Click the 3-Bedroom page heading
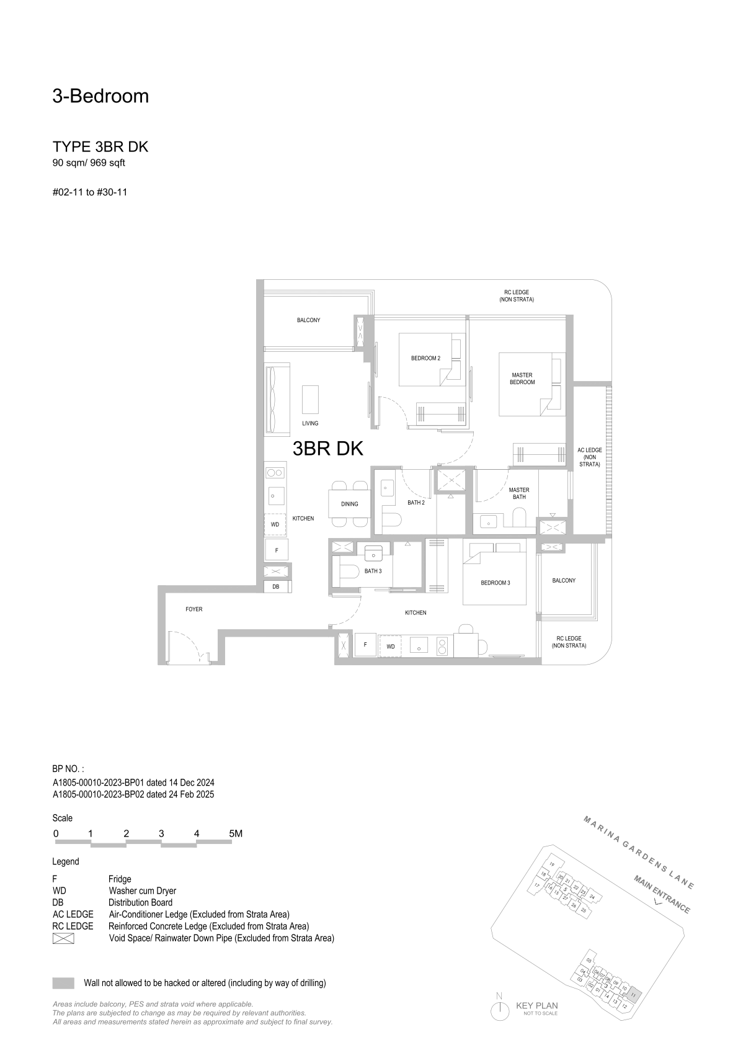click(x=100, y=96)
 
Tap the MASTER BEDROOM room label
click(x=522, y=379)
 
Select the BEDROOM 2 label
click(x=425, y=358)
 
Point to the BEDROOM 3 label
click(x=495, y=583)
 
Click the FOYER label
click(x=194, y=609)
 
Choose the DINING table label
click(x=349, y=504)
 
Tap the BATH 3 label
click(x=373, y=571)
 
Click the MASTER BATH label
click(x=519, y=493)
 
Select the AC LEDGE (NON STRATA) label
click(x=590, y=457)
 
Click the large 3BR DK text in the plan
click(x=327, y=448)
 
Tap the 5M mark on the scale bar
click(x=236, y=833)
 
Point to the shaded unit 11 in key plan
click(x=633, y=992)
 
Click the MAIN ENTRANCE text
click(x=662, y=894)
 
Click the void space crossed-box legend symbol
click(x=63, y=938)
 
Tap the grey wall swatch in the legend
click(x=63, y=983)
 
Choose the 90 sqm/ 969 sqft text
click(x=89, y=163)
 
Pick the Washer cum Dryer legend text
click(x=142, y=890)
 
